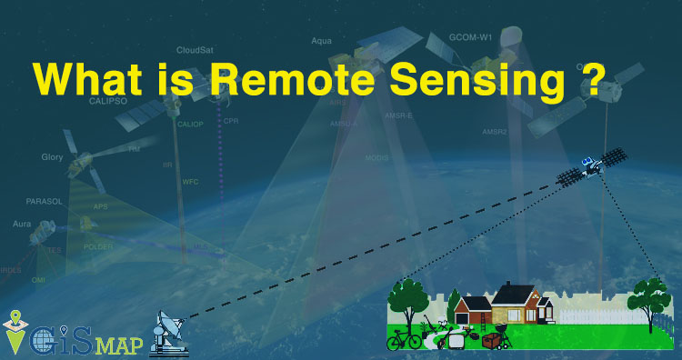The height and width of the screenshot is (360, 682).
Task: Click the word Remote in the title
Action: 290,80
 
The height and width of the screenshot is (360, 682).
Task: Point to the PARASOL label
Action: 44,199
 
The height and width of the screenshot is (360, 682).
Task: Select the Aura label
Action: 22,223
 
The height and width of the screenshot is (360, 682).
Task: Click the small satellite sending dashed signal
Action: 591,166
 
